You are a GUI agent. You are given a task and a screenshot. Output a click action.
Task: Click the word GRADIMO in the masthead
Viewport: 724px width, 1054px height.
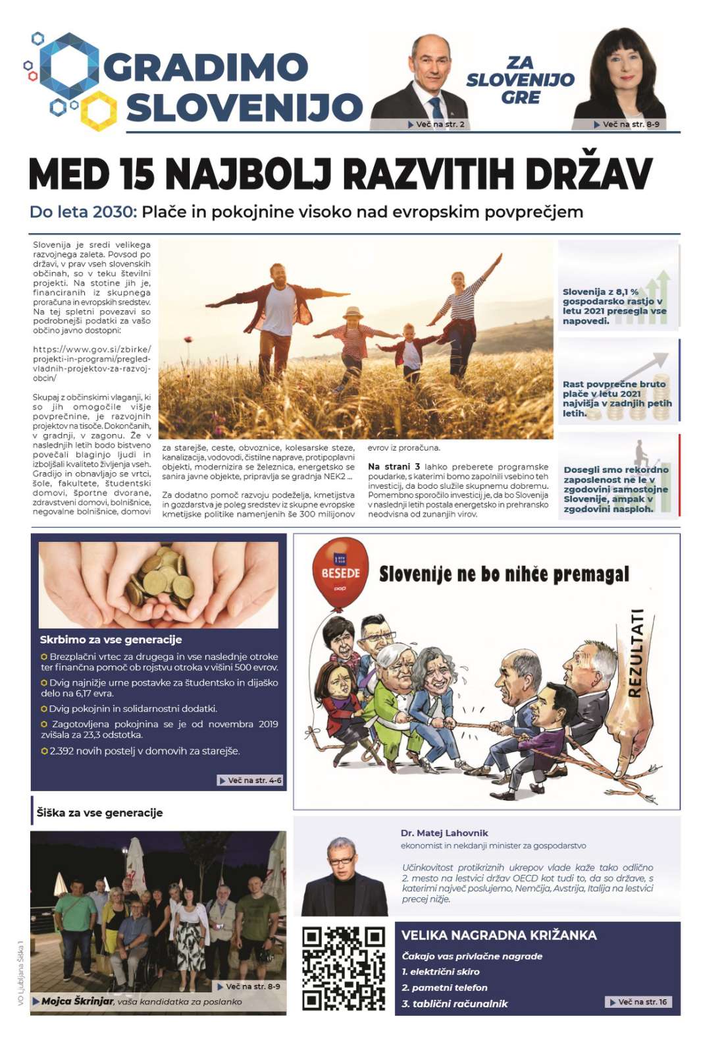pos(205,68)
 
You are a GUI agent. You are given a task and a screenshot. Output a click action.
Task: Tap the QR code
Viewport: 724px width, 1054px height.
pos(343,968)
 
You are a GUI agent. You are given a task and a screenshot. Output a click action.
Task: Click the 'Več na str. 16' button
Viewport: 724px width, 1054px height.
pos(638,1002)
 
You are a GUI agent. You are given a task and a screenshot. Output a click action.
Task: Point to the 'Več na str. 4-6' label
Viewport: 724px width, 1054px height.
pos(251,780)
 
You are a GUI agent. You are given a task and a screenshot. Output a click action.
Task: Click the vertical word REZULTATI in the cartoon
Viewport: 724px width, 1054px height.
pos(635,652)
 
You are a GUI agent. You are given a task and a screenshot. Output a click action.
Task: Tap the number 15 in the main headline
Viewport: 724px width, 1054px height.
pos(137,174)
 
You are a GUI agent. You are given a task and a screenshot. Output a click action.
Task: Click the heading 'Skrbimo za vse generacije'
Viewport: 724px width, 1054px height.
pos(111,640)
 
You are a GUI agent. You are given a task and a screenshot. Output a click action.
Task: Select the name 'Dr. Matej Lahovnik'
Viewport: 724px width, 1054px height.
pos(444,833)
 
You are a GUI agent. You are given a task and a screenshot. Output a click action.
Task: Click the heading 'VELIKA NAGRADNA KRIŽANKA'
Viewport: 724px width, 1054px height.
pos(499,935)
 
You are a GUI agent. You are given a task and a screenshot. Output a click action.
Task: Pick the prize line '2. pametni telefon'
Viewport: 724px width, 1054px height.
pos(444,987)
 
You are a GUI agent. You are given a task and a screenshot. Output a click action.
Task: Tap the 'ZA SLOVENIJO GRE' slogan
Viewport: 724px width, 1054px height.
pos(520,80)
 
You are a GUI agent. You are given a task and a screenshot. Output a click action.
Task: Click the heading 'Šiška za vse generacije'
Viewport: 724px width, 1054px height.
pos(99,812)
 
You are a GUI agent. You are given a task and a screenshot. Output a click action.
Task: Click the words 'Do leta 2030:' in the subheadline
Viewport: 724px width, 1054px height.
pos(83,212)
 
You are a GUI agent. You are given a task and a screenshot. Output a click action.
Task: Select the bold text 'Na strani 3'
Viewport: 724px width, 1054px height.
pos(394,466)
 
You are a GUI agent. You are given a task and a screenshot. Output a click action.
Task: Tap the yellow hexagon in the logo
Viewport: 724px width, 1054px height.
pos(99,110)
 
